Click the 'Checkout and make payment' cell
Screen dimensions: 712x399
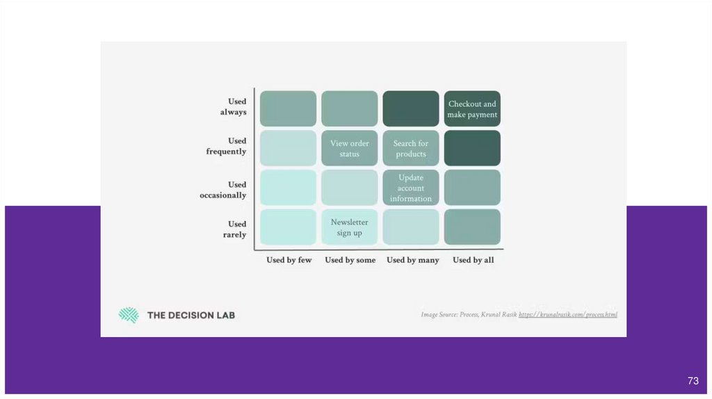[x=472, y=109]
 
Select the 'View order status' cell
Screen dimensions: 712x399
[x=350, y=148]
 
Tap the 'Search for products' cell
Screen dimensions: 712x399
[x=411, y=148]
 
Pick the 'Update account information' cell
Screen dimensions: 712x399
[x=411, y=188]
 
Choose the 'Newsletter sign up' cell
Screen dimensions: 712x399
[x=350, y=227]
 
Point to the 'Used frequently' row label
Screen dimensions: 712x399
[x=227, y=146]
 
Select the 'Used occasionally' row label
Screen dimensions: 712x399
[x=223, y=190]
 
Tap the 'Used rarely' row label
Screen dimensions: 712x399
[x=235, y=229]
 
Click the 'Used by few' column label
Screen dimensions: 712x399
[x=289, y=260]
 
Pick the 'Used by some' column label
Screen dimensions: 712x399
[x=350, y=260]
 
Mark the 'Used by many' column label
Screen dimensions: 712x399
[x=413, y=260]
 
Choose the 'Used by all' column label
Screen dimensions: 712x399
[x=474, y=260]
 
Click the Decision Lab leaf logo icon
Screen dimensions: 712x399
[x=129, y=315]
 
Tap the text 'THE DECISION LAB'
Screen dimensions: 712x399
[x=191, y=315]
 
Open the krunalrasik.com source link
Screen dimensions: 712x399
[x=568, y=315]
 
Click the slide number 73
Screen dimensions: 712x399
[x=693, y=381]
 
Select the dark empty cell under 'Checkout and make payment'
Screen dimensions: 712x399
[x=472, y=148]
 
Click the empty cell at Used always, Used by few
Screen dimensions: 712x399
[x=289, y=109]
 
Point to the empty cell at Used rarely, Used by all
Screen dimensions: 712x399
[x=472, y=227]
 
